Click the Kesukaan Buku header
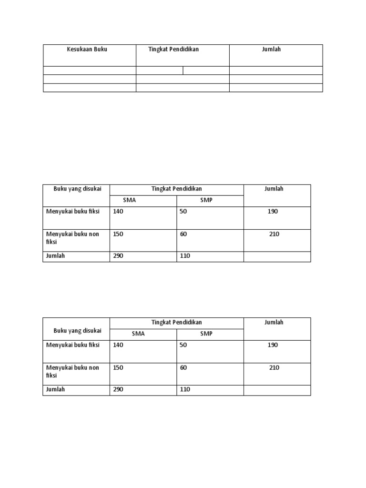87,49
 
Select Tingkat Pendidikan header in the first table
173,49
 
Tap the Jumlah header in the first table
271,49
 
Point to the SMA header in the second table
130,200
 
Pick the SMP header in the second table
206,200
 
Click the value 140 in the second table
118,212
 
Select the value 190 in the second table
273,212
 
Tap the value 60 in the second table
183,234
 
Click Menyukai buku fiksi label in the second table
73,212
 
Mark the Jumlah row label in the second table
55,256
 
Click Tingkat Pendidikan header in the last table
177,323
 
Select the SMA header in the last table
138,334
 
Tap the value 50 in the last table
183,345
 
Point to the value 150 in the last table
118,368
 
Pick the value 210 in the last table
274,368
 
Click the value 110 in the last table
185,389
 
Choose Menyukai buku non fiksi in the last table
72,371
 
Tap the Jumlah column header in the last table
274,323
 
